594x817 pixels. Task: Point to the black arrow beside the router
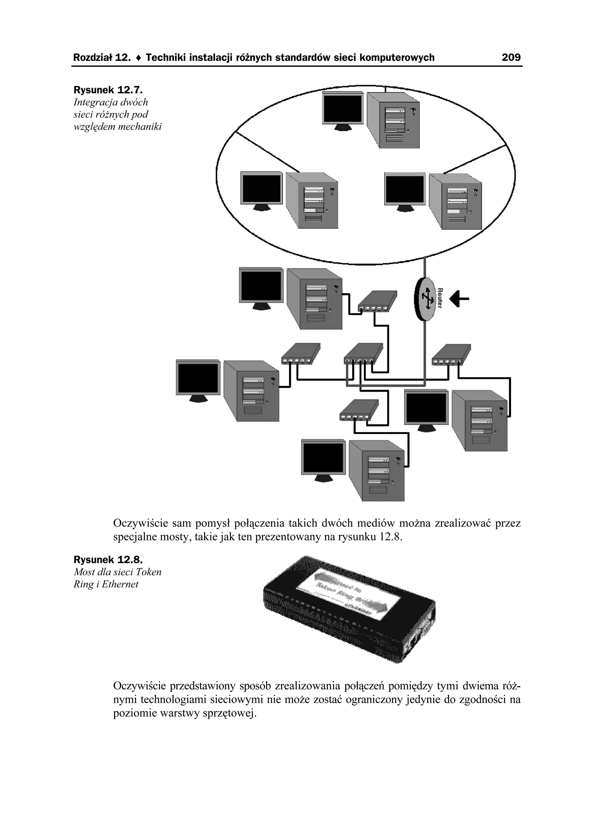[x=460, y=299]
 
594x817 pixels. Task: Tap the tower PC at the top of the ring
[x=393, y=120]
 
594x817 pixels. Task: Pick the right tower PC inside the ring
[x=456, y=201]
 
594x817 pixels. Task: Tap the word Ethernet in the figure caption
[x=120, y=584]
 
